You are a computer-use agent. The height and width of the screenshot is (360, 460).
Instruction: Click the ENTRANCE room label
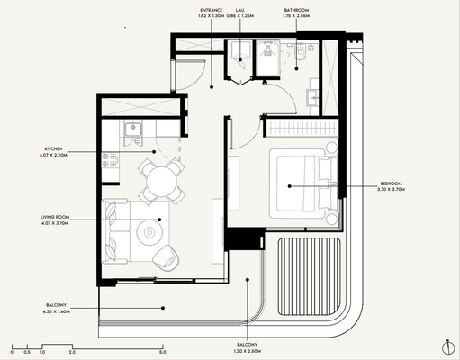[x=212, y=10]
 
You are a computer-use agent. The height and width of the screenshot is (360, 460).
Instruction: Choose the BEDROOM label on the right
[x=392, y=183]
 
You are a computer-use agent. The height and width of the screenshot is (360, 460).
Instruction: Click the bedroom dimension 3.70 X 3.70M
[x=392, y=192]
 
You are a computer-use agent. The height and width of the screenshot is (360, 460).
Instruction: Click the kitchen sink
[x=131, y=131]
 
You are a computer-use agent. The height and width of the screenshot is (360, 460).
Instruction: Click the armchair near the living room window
[x=166, y=258]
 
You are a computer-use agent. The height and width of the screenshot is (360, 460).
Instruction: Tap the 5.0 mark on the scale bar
[x=161, y=351]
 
